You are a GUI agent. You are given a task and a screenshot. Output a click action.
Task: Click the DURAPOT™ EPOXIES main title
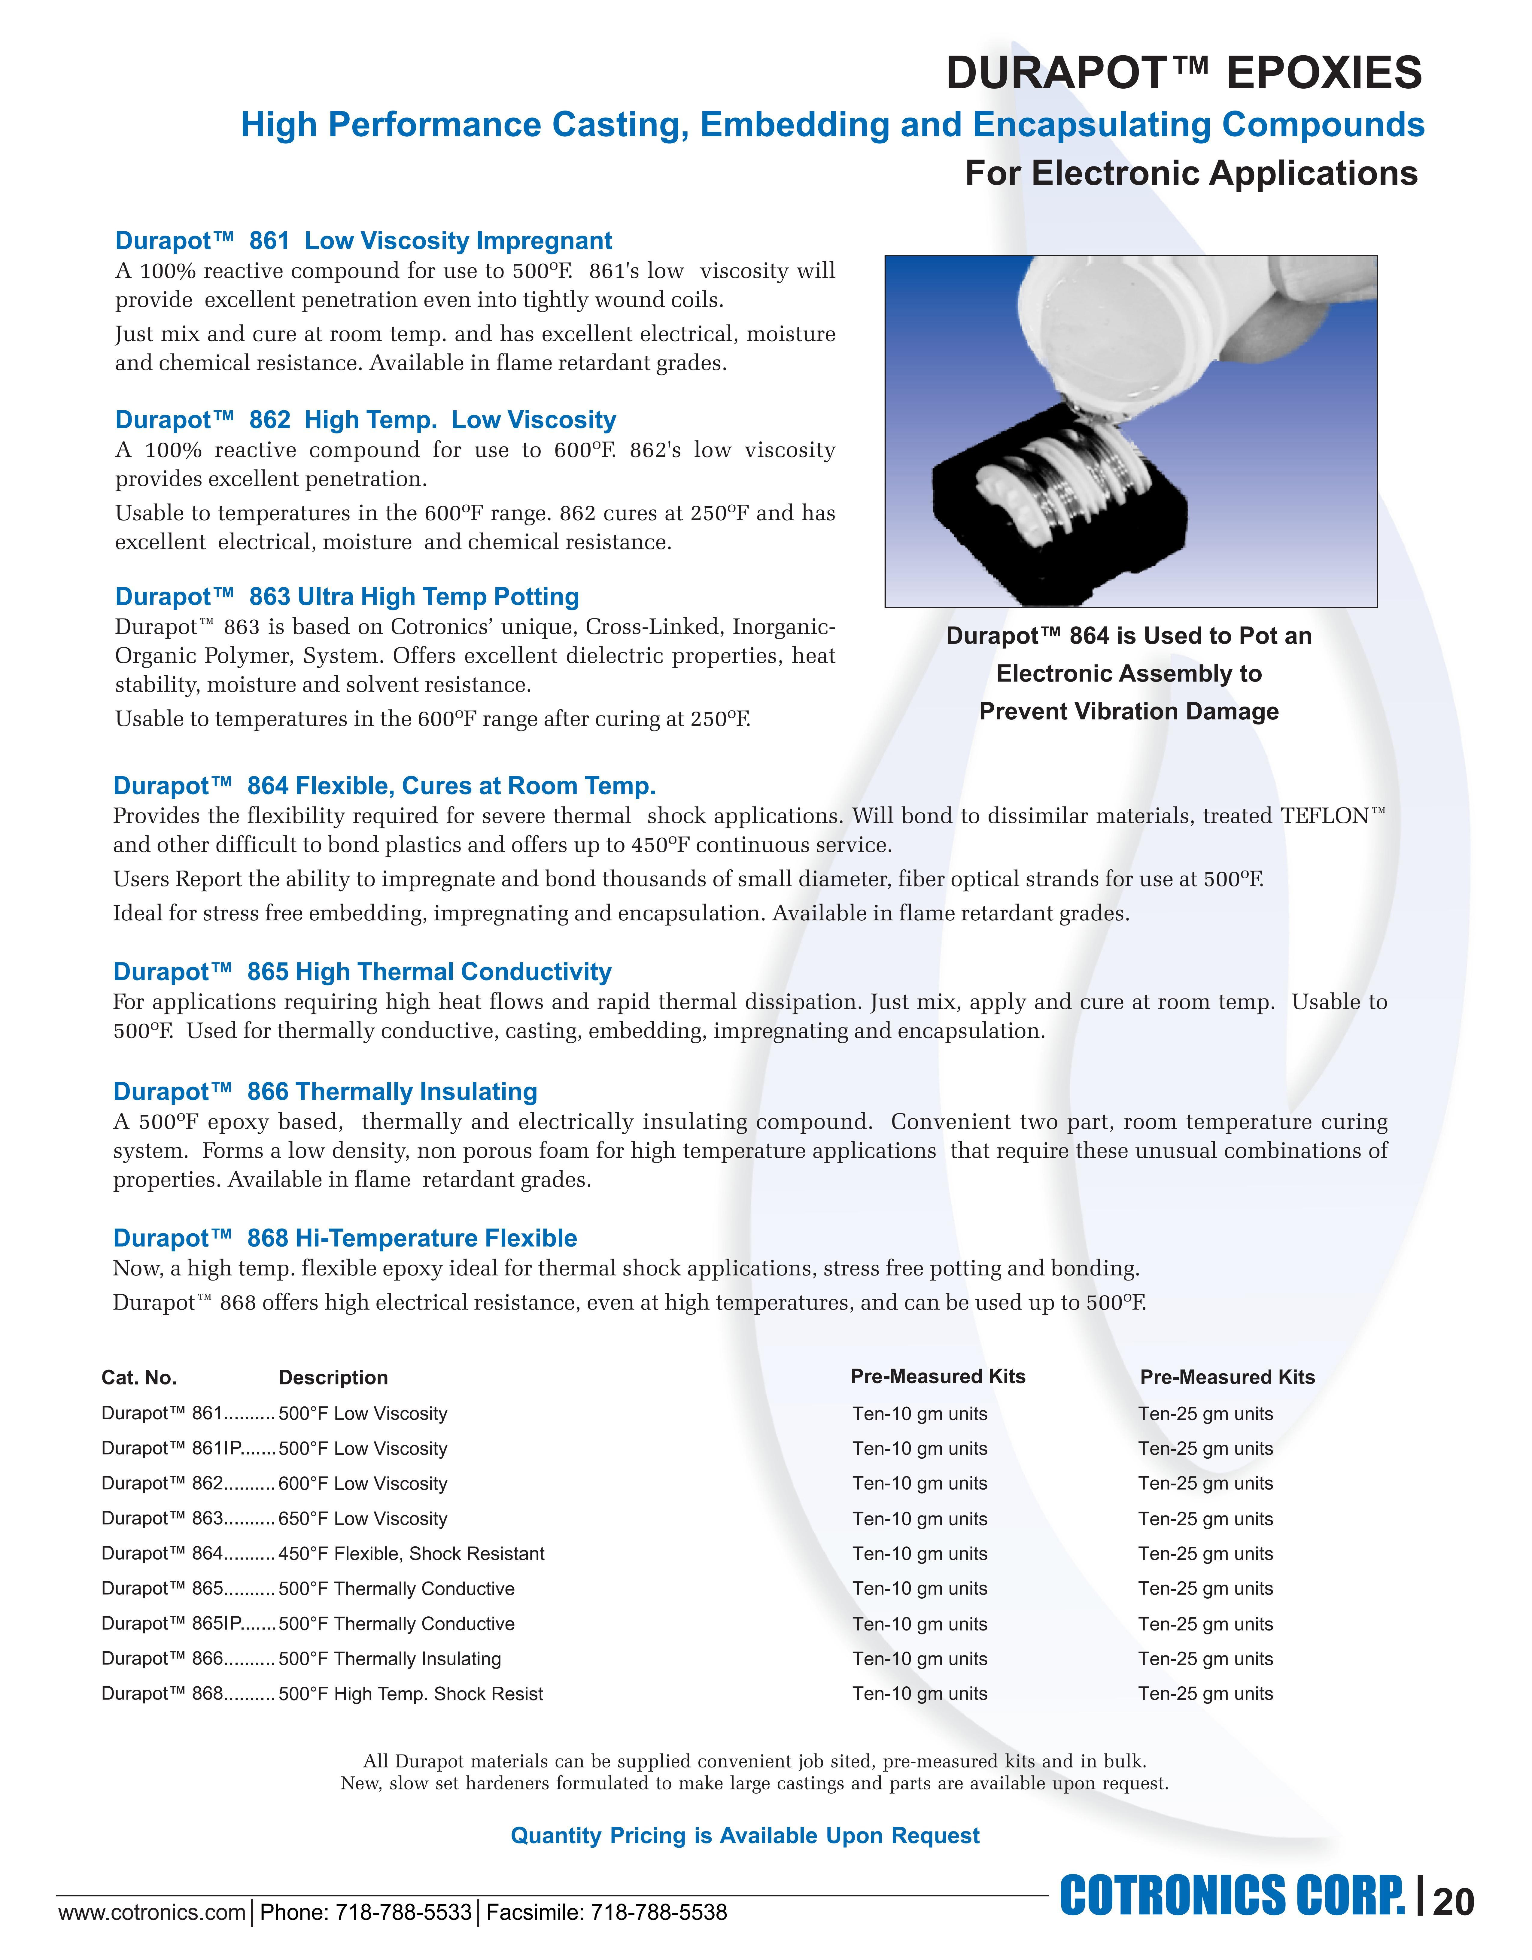1183,73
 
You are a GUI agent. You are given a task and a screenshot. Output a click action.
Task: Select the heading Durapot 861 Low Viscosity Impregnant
363,241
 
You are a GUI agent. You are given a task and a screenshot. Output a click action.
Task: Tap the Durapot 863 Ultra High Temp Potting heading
347,597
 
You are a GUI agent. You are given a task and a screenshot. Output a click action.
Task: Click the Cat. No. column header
139,1378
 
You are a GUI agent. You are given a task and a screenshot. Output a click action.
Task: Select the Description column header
333,1378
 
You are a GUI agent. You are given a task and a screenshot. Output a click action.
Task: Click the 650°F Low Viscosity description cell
363,1518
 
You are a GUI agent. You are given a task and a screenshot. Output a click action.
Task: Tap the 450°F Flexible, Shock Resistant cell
411,1554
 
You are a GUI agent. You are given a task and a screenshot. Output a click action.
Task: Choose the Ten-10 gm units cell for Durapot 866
920,1658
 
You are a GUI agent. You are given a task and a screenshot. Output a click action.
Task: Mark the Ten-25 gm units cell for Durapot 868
1205,1694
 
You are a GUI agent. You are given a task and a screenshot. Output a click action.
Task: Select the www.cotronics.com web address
152,1913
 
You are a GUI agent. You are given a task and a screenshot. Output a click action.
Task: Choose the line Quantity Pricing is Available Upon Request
745,1835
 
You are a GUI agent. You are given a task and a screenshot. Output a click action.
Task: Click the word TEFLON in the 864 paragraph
1325,816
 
